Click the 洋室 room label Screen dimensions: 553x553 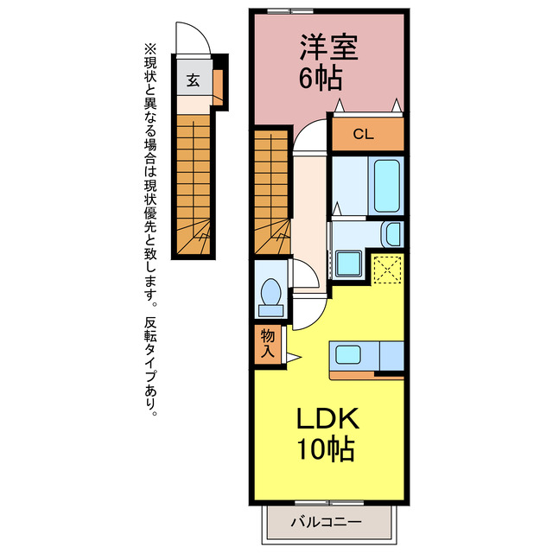point(328,48)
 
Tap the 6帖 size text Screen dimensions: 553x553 point(321,78)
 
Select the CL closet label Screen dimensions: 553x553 point(364,134)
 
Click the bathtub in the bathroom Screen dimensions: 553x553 point(387,186)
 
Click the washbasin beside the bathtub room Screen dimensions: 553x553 point(392,234)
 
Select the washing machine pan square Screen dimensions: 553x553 point(348,263)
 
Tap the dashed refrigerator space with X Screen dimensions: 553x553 point(388,270)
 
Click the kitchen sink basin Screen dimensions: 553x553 point(347,354)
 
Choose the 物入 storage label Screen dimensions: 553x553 point(268,343)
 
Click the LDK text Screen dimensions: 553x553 point(327,419)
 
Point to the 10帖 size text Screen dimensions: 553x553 point(327,449)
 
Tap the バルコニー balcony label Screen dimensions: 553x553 point(327,522)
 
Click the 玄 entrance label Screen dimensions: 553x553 point(193,80)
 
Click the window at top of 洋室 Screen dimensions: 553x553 point(290,11)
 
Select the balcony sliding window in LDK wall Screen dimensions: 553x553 point(328,503)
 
